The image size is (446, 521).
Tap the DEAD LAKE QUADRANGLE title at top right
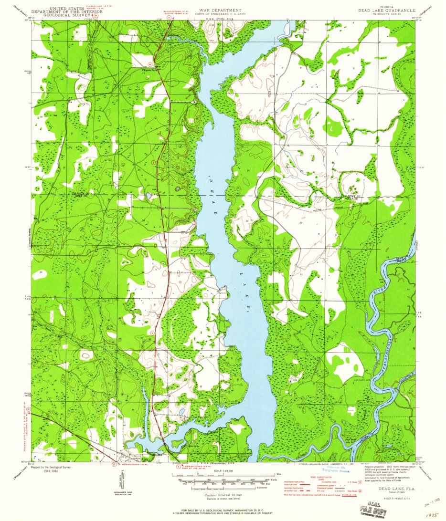point(387,10)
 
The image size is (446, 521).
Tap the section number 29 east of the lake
point(301,223)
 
